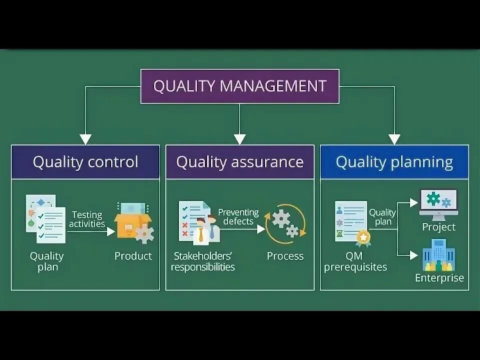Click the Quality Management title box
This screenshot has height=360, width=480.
coord(239,86)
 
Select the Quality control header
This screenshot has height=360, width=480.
coord(85,162)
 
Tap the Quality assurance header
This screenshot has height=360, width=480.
coord(240,162)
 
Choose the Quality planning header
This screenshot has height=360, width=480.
coord(394,162)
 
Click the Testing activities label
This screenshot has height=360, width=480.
coord(87,219)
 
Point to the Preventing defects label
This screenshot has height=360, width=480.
coord(238,216)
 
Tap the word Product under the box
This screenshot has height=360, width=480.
coord(133,256)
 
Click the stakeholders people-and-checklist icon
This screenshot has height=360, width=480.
coord(198,221)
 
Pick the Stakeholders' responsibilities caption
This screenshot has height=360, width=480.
coord(202,261)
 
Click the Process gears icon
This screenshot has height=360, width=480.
coord(284,224)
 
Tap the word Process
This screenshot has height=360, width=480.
coord(285,256)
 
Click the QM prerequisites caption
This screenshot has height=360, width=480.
coord(355,261)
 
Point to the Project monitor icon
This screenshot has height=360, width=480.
coord(438,204)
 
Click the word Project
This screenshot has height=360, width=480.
coord(438,227)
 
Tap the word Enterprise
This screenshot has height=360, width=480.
coord(439,278)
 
